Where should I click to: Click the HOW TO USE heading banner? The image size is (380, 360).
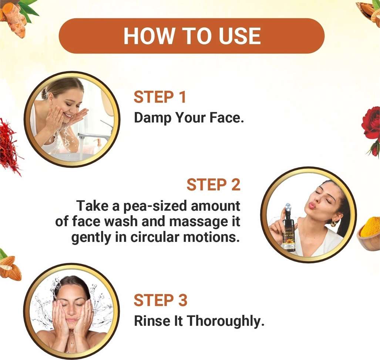(191, 36)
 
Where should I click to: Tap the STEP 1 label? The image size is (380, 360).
(160, 97)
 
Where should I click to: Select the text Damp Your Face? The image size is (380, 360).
(189, 118)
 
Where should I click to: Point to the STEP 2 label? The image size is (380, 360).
(213, 184)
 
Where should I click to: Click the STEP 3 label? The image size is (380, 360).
(161, 300)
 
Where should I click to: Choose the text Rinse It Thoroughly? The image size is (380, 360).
(199, 321)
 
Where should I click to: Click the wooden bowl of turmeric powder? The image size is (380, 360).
(369, 234)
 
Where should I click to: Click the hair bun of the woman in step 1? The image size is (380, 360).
(44, 93)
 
